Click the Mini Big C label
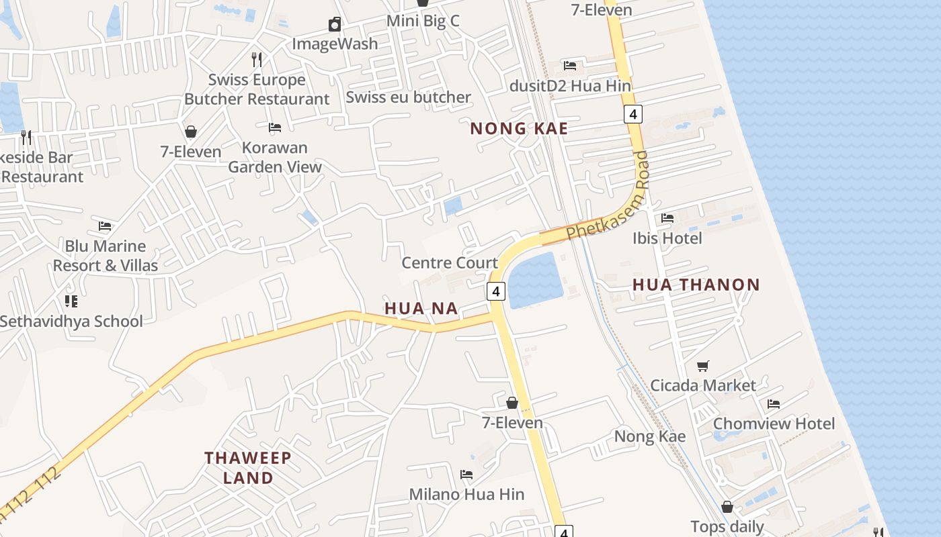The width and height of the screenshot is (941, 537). click(423, 21)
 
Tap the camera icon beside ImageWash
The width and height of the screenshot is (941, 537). click(335, 26)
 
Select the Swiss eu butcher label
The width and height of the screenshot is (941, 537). click(408, 97)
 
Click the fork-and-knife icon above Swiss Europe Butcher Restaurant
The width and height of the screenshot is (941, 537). click(256, 60)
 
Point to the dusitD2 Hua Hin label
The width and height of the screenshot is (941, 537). click(570, 86)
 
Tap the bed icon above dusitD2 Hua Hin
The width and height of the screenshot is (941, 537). click(570, 66)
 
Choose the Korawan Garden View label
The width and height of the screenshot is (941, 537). click(274, 157)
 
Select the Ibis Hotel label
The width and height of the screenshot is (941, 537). click(667, 238)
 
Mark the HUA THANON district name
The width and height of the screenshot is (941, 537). click(696, 285)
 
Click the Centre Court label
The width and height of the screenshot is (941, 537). click(450, 262)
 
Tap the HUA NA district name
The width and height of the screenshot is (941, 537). click(421, 309)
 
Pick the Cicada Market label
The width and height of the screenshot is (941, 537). click(703, 385)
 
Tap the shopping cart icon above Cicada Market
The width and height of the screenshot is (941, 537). click(703, 366)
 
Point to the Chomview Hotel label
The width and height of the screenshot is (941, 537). click(774, 424)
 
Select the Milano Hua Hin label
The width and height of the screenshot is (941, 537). click(466, 495)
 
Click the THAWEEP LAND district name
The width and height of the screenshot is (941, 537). click(248, 468)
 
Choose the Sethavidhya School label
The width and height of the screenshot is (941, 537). click(71, 321)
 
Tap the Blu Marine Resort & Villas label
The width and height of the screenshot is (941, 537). click(106, 256)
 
